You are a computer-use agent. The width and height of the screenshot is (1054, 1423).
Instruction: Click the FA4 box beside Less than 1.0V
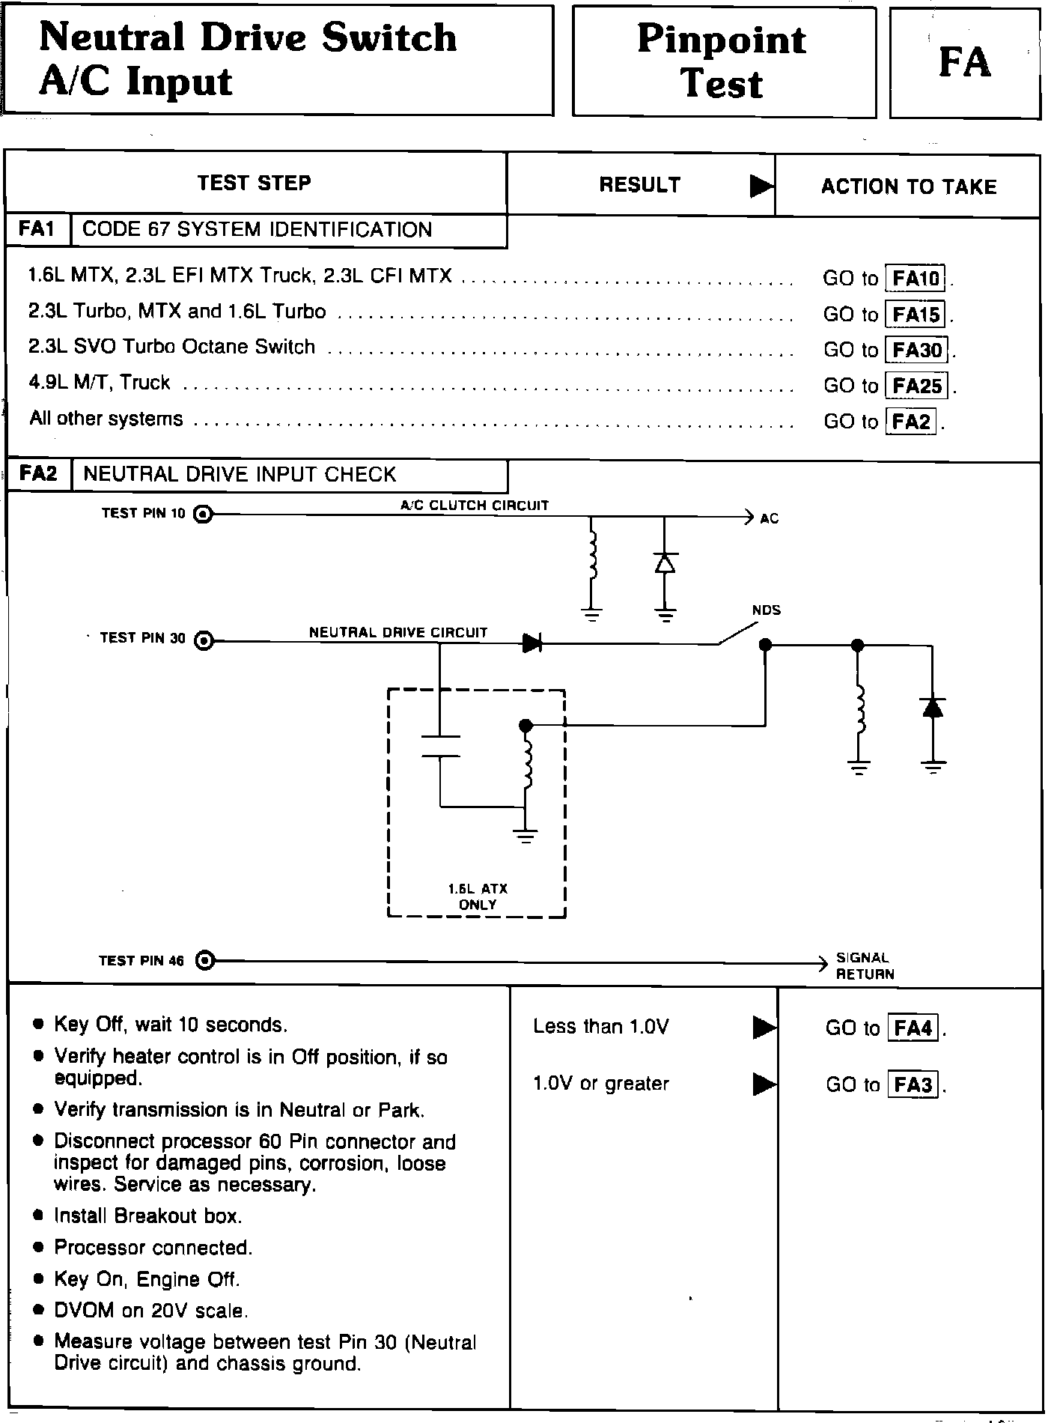point(913,1028)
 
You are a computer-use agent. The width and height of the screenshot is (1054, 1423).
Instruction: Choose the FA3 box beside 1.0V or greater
point(913,1084)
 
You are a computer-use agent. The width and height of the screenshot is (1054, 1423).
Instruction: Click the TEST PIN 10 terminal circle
point(203,514)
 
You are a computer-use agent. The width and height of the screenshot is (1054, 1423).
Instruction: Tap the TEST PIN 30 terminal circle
point(204,640)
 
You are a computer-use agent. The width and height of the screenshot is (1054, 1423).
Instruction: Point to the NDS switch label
point(766,610)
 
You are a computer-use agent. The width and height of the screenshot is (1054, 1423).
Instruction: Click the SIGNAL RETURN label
point(864,966)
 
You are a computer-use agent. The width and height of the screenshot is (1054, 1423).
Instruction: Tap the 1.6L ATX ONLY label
point(478,896)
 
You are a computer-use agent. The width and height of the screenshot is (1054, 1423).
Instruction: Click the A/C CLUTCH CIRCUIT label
point(475,506)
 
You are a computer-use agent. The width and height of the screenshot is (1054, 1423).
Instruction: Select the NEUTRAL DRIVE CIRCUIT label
point(398,633)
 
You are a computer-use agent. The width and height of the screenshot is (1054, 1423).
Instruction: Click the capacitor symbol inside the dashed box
point(440,746)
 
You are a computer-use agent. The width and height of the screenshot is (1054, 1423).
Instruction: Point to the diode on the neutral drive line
point(531,642)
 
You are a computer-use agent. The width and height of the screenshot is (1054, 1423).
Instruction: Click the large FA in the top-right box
point(964,63)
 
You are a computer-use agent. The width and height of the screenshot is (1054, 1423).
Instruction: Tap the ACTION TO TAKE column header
point(908,186)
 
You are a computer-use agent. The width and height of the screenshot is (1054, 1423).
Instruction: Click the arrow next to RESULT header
point(761,186)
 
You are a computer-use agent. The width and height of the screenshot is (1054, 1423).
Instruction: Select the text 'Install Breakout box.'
point(148,1216)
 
